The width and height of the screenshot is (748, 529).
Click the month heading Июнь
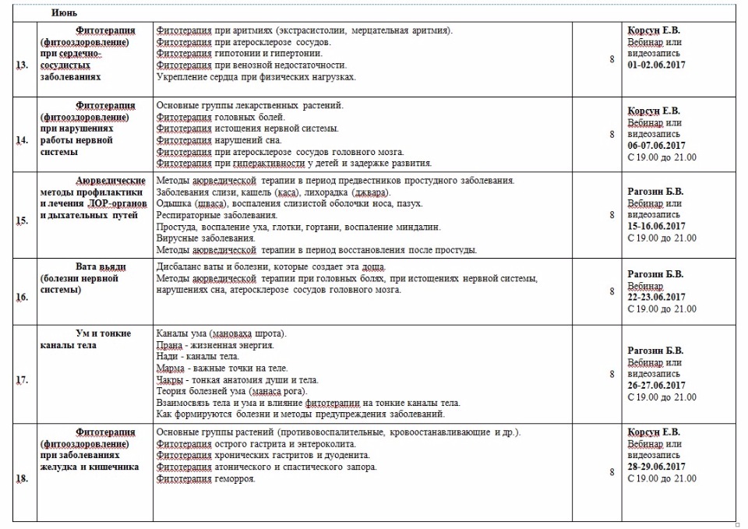64,13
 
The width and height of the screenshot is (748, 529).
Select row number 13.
22,65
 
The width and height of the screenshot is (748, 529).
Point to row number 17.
22,379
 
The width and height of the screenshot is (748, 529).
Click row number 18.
22,478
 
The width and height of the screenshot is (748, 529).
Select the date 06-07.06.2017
657,145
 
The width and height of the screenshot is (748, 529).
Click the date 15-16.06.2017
657,226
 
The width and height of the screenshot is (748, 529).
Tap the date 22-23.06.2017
657,297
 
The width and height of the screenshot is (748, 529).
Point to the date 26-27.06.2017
657,385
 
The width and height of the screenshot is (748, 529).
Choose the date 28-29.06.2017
657,467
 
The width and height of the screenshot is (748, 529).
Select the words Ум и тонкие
103,333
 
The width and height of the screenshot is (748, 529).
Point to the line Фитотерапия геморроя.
206,478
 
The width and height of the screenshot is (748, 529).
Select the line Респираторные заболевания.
217,214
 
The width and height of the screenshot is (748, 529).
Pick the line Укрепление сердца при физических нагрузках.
256,77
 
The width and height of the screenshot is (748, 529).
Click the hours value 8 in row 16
612,291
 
